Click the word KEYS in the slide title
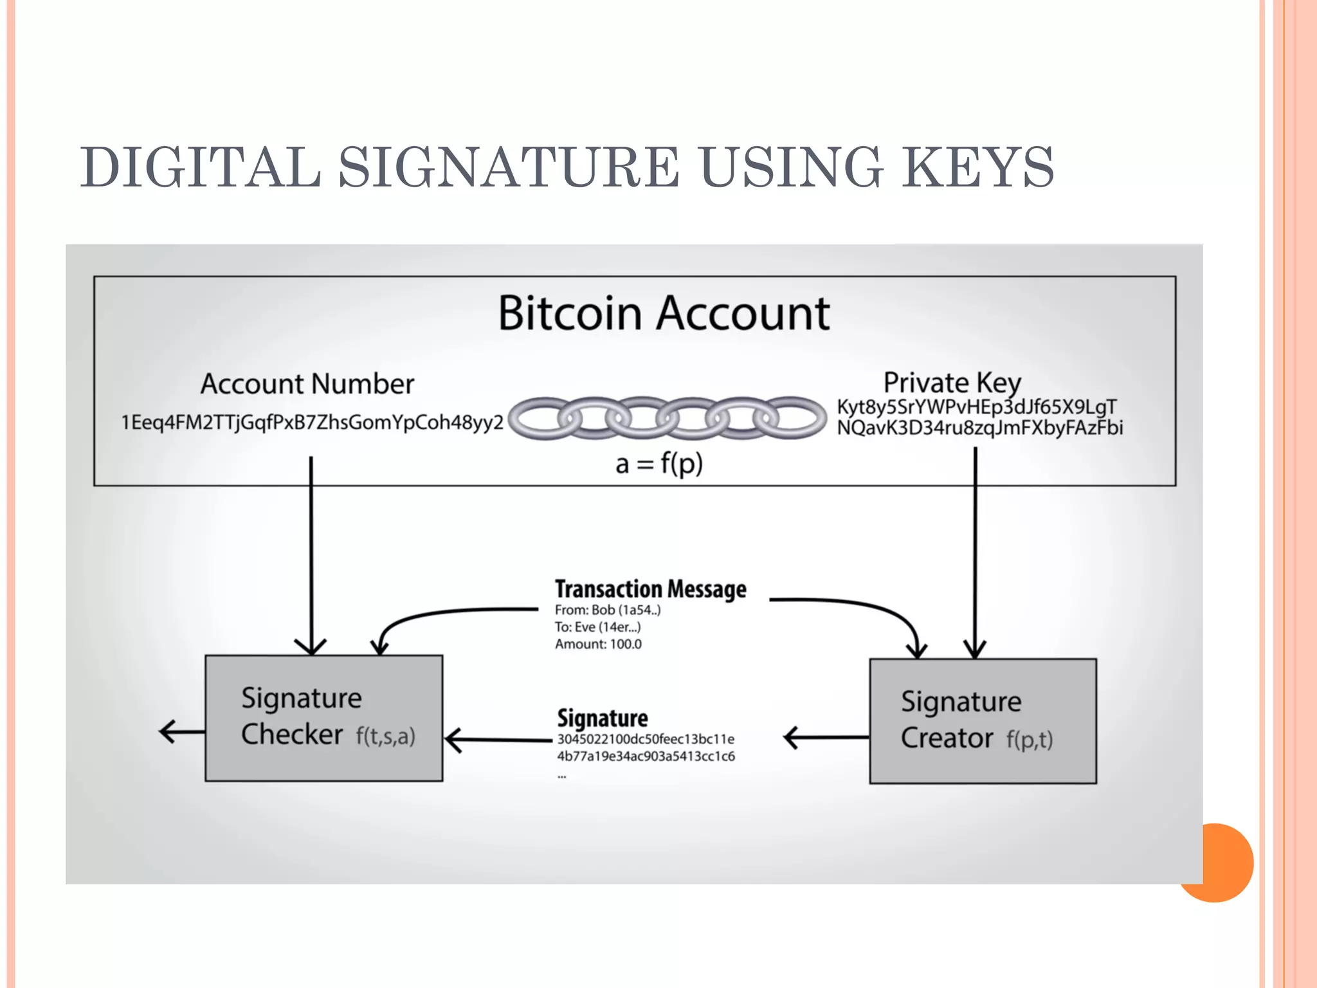[x=977, y=167]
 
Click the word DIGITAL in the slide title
[x=201, y=167]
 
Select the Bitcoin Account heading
[x=664, y=313]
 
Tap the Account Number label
[x=307, y=384]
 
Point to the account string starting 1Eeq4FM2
[x=313, y=423]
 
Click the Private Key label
[x=952, y=383]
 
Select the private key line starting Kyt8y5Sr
[x=976, y=407]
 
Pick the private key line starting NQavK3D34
[x=979, y=428]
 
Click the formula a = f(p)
[x=659, y=463]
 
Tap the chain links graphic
[x=667, y=418]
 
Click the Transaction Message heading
[x=650, y=589]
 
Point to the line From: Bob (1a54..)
[x=608, y=610]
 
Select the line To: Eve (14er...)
[x=597, y=627]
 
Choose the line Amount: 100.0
[x=598, y=645]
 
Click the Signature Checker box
[x=323, y=718]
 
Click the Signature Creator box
[x=983, y=720]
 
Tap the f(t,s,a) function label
[x=386, y=736]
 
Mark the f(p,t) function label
[x=1030, y=740]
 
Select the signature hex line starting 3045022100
[x=645, y=739]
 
